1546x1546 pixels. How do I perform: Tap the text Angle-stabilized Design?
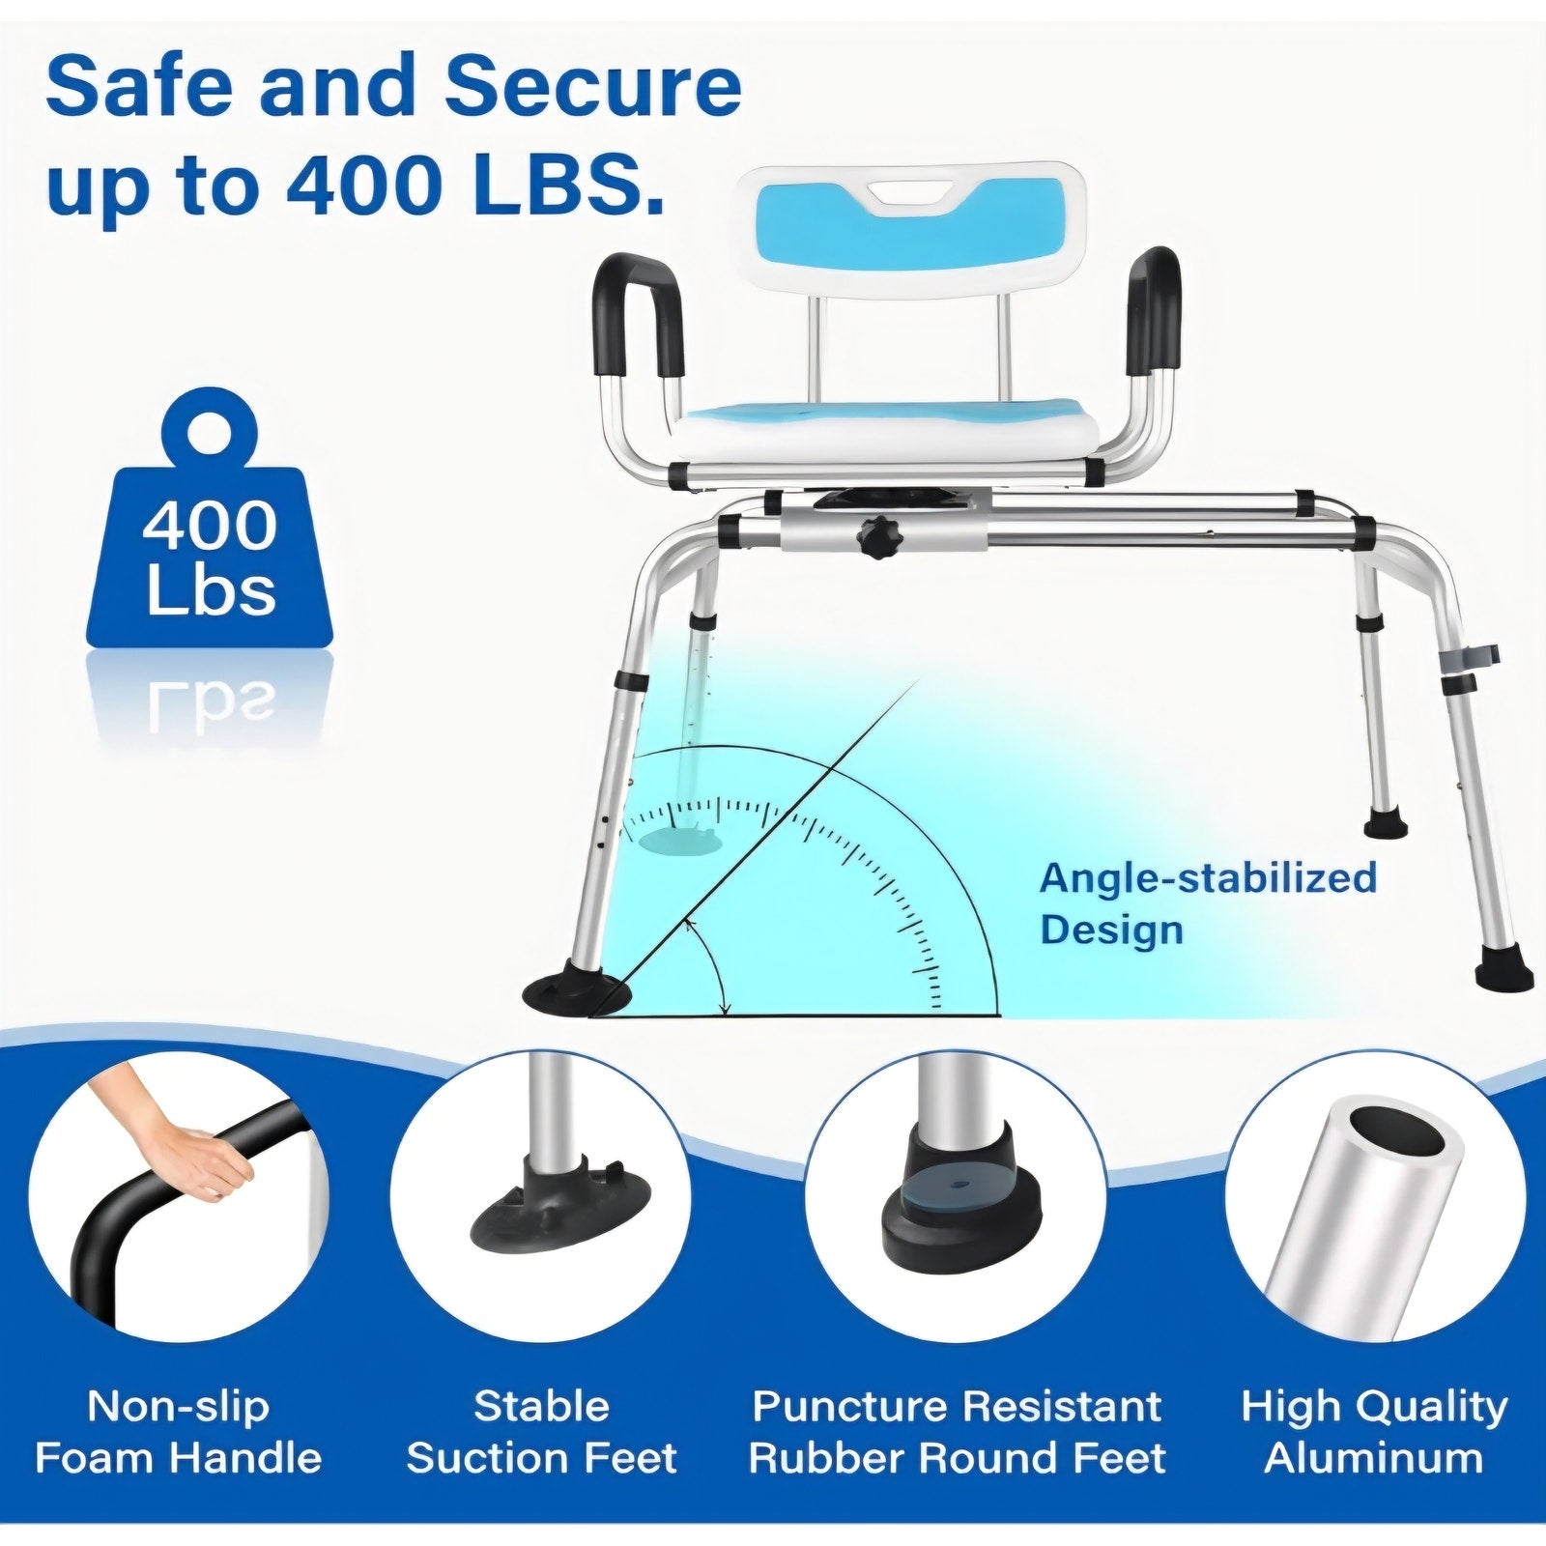click(x=1208, y=902)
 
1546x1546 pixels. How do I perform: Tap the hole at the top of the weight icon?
click(x=210, y=426)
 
